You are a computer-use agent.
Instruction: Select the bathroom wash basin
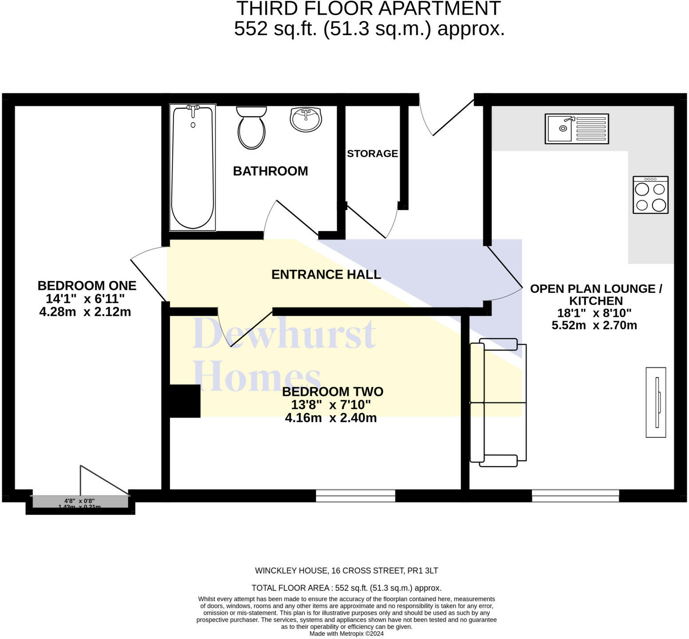pos(306,119)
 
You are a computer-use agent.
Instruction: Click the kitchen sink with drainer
pos(577,129)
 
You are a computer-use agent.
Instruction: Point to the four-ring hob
pos(650,195)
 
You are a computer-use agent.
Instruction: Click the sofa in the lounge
pos(498,402)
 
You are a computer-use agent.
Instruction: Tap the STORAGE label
pos(372,154)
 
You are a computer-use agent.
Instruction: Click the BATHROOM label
pos(270,171)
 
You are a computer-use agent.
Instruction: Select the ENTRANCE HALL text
pos(326,274)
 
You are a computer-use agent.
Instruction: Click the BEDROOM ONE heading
pos(87,285)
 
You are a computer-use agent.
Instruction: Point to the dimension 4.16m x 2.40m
pos(331,418)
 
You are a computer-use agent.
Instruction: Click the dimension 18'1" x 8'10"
pos(594,313)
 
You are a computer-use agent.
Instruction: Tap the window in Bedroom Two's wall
pos(355,496)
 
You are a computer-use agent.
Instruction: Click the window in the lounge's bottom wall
pos(575,496)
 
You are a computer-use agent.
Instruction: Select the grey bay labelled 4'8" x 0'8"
pos(80,502)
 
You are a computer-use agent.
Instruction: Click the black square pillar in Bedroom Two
pos(185,401)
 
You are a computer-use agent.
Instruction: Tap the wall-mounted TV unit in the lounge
pos(656,402)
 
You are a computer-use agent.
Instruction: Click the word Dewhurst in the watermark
pos(284,334)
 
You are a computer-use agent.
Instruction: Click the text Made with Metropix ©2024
pos(346,634)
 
